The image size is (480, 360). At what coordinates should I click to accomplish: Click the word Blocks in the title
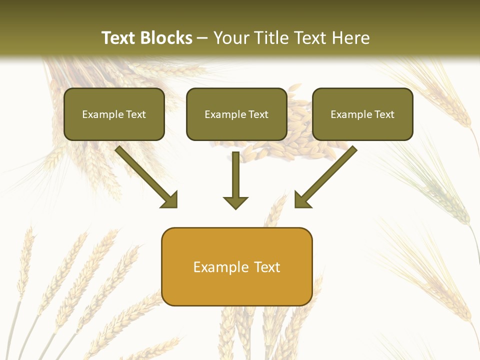coord(167,38)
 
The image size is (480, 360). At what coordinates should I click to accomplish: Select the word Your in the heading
coord(232,38)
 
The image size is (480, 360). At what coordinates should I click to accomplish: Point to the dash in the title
coord(203,38)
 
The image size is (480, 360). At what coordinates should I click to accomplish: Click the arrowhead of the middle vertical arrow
coord(235,202)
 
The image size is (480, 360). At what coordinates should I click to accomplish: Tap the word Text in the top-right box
coord(384,114)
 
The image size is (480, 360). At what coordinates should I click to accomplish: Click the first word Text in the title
coord(119,38)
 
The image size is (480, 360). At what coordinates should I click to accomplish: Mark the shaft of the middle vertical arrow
coord(235,172)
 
